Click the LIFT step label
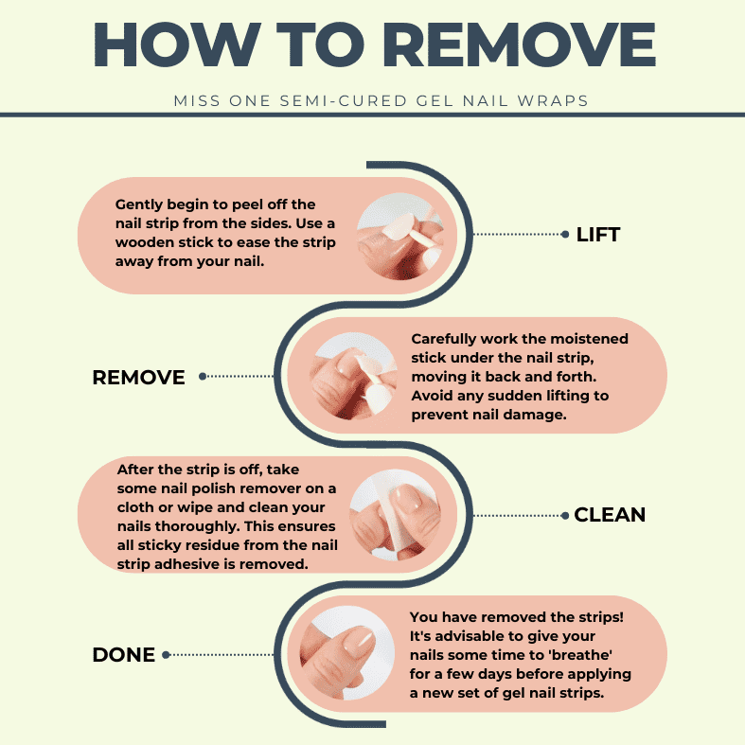[597, 234]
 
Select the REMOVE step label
[138, 378]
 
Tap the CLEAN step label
[610, 515]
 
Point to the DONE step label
[123, 655]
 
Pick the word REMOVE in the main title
[520, 44]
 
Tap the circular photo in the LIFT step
[400, 236]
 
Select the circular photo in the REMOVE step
[352, 376]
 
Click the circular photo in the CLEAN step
[396, 515]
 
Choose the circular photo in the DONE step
[347, 653]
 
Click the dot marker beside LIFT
[565, 234]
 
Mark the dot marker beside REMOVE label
[203, 377]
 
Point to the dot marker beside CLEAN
[565, 516]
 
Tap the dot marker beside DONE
[166, 655]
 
